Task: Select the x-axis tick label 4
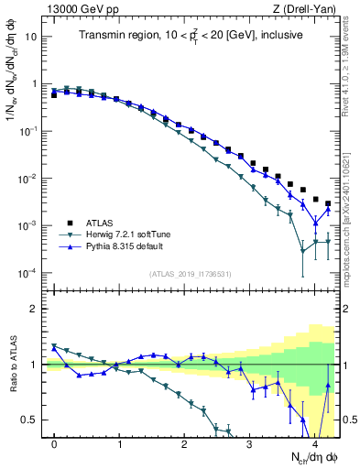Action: tap(314, 444)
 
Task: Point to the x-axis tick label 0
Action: tap(55, 444)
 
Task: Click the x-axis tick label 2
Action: tap(184, 444)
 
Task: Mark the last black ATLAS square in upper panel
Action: tap(328, 203)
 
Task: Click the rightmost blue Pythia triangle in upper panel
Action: tap(328, 210)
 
